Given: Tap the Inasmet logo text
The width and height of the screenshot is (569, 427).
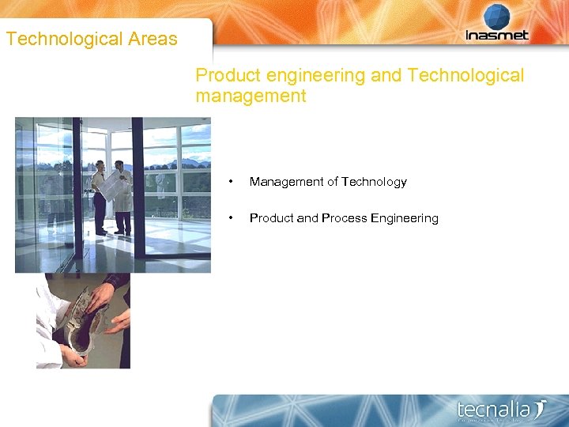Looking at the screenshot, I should pyautogui.click(x=496, y=35).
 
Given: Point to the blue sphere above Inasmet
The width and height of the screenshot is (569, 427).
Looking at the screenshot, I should pyautogui.click(x=496, y=16).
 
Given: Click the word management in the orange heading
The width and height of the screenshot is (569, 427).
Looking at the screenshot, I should pyautogui.click(x=251, y=96).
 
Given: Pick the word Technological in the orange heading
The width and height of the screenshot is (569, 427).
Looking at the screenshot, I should pyautogui.click(x=465, y=76).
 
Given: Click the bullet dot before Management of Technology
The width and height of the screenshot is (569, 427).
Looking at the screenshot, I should pyautogui.click(x=230, y=182).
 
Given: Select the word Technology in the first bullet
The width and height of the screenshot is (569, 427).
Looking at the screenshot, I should pyautogui.click(x=374, y=182).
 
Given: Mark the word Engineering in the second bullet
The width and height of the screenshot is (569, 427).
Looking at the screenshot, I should pyautogui.click(x=405, y=218).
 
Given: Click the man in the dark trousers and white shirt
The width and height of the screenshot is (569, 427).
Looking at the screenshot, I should pyautogui.click(x=99, y=198).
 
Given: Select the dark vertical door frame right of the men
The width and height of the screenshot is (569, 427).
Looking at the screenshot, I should pyautogui.click(x=137, y=190).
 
